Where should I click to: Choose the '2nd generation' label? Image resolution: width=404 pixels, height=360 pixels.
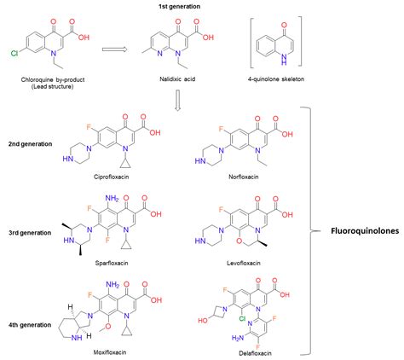(x=32, y=143)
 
